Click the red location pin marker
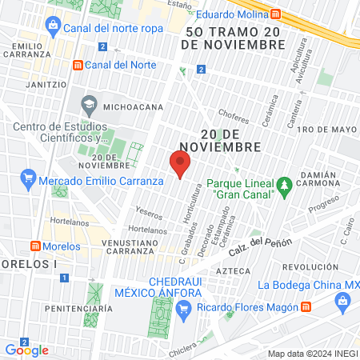[180, 164]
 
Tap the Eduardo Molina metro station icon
[275, 14]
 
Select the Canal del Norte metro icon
[77, 65]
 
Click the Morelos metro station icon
[35, 245]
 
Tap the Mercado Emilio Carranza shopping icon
[28, 178]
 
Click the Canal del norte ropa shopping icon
[52, 27]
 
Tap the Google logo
[26, 350]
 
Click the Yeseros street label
[150, 214]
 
